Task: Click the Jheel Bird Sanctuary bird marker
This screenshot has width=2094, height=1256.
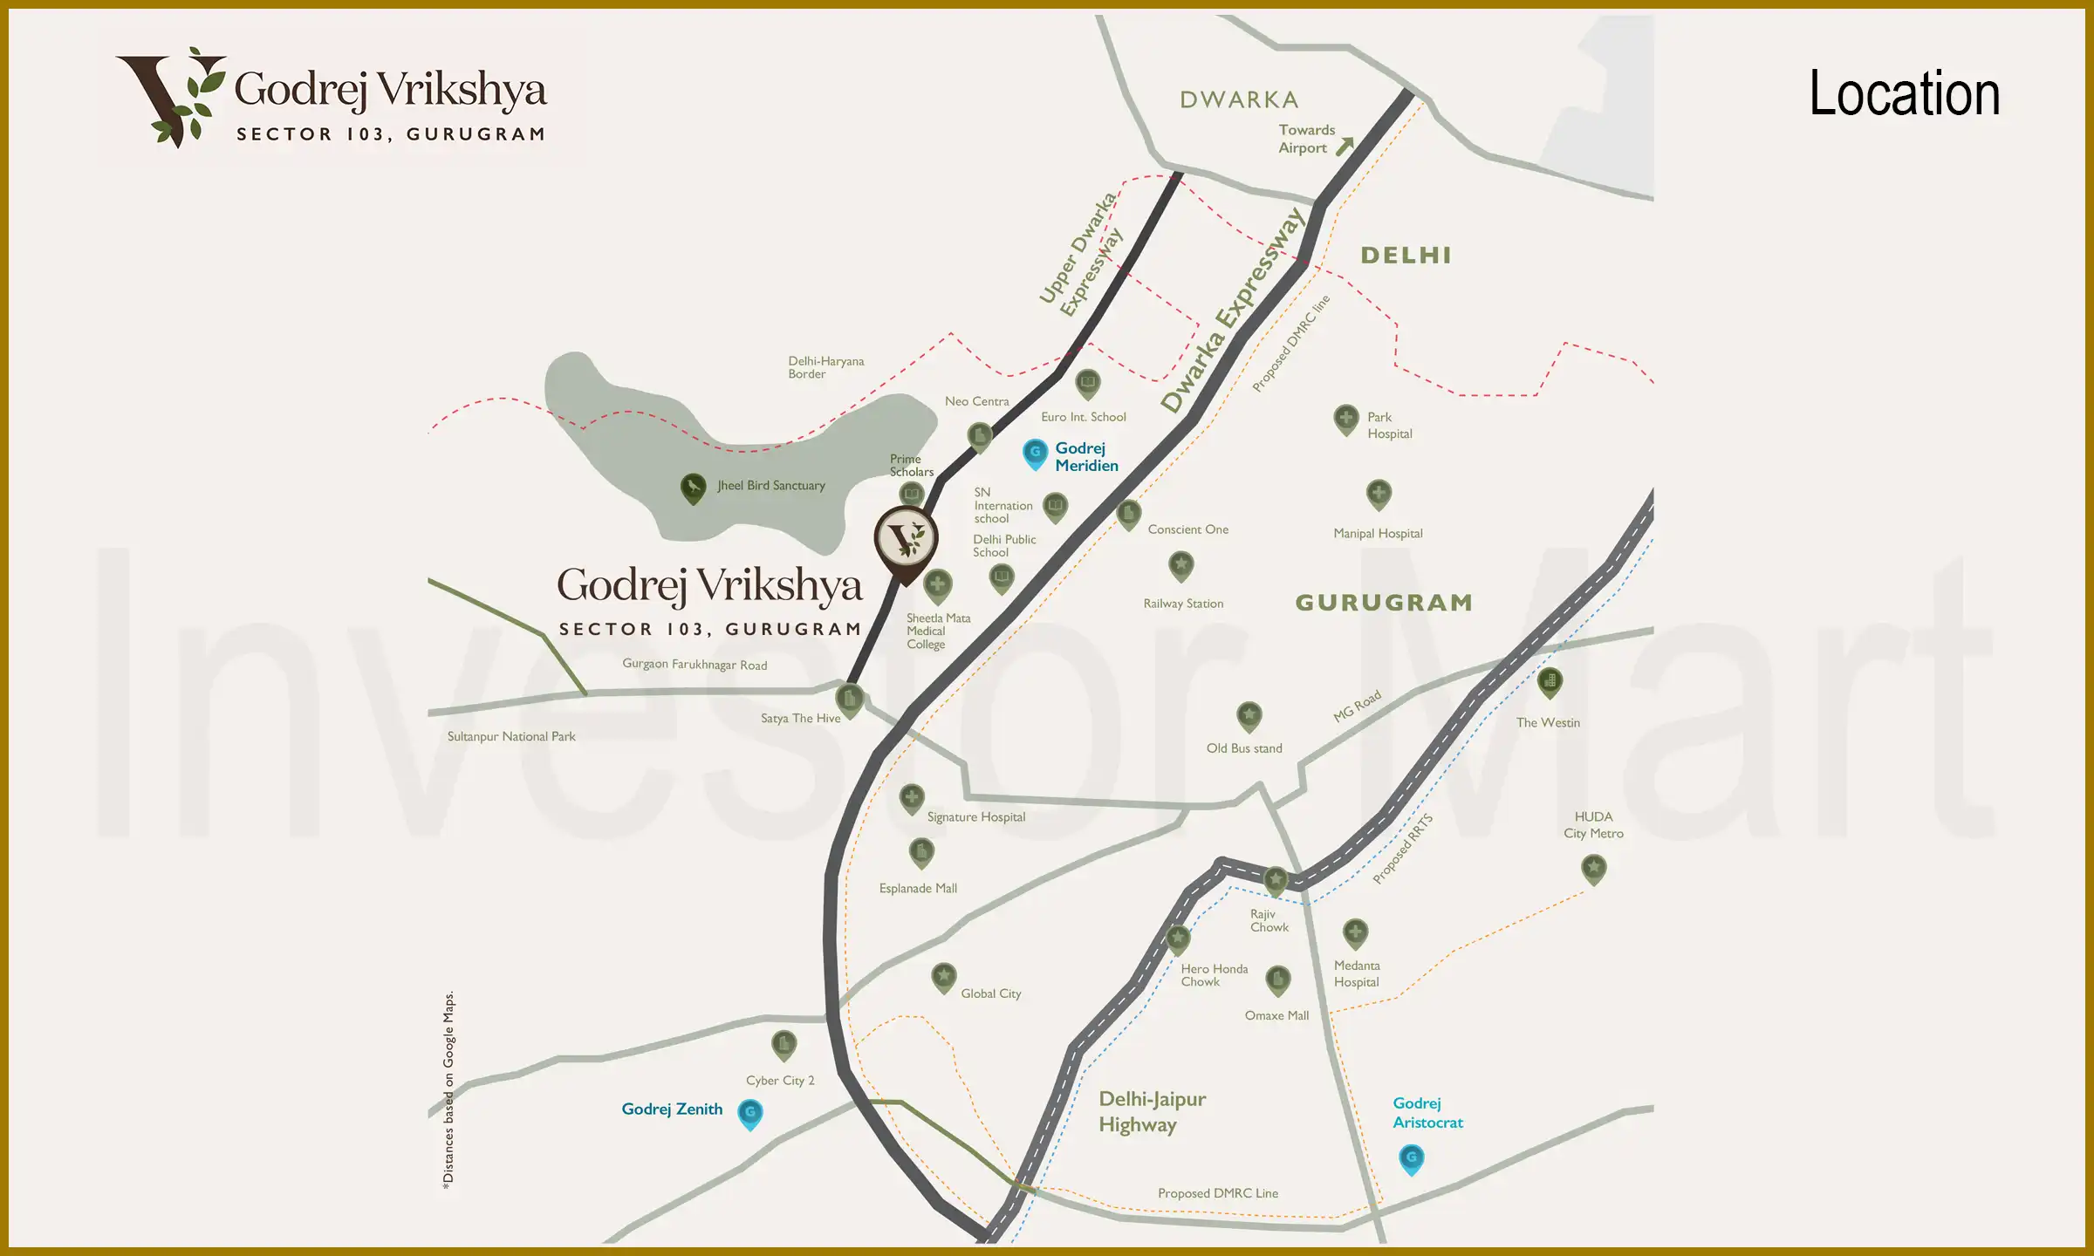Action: pyautogui.click(x=693, y=488)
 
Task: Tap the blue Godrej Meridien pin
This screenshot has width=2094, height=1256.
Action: pyautogui.click(x=1035, y=453)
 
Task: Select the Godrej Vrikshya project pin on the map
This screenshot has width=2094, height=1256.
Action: pyautogui.click(x=907, y=541)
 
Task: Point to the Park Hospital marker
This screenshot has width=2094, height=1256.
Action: pyautogui.click(x=1346, y=419)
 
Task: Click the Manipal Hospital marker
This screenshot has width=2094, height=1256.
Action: pyautogui.click(x=1379, y=494)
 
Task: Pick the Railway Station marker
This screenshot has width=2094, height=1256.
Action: pyautogui.click(x=1180, y=565)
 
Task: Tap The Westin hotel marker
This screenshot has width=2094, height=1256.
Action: pyautogui.click(x=1550, y=681)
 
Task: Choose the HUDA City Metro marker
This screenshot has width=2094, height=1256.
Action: pyautogui.click(x=1594, y=868)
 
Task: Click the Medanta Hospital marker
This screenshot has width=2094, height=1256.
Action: pyautogui.click(x=1355, y=932)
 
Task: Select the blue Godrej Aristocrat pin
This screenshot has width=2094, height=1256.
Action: pyautogui.click(x=1411, y=1158)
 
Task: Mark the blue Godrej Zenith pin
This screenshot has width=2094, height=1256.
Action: pyautogui.click(x=749, y=1113)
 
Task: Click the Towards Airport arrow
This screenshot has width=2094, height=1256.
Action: pyautogui.click(x=1345, y=146)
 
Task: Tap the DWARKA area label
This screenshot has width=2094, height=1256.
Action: pyautogui.click(x=1239, y=100)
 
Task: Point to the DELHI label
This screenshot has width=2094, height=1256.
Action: pyautogui.click(x=1406, y=256)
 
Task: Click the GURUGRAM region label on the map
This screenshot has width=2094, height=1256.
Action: pyautogui.click(x=1384, y=603)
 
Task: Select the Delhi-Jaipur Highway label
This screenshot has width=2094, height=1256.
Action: pyautogui.click(x=1152, y=1111)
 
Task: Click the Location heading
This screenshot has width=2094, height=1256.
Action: pyautogui.click(x=1904, y=93)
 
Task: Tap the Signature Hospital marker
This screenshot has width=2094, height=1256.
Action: pyautogui.click(x=912, y=797)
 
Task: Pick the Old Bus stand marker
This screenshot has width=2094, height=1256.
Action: pyautogui.click(x=1249, y=716)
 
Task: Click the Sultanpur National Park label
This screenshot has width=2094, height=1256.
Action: pyautogui.click(x=511, y=737)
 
